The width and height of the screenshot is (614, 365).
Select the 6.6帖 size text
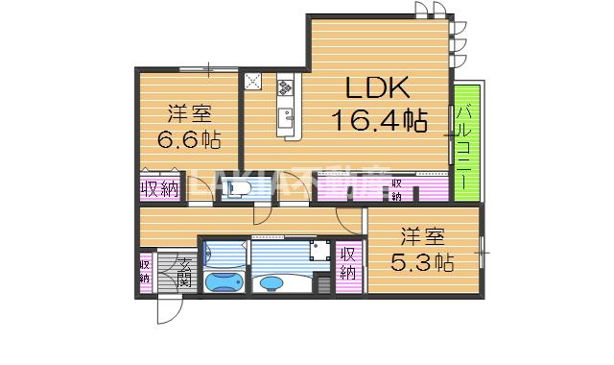click(x=189, y=140)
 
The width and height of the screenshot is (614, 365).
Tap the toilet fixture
click(x=240, y=189)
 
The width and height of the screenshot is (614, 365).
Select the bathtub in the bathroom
click(x=223, y=283)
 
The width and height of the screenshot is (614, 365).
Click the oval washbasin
click(x=273, y=283)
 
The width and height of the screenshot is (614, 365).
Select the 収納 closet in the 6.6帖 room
click(x=159, y=188)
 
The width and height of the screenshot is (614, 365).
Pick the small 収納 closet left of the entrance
click(x=145, y=271)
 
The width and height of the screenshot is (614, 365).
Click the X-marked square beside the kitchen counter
click(x=253, y=82)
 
